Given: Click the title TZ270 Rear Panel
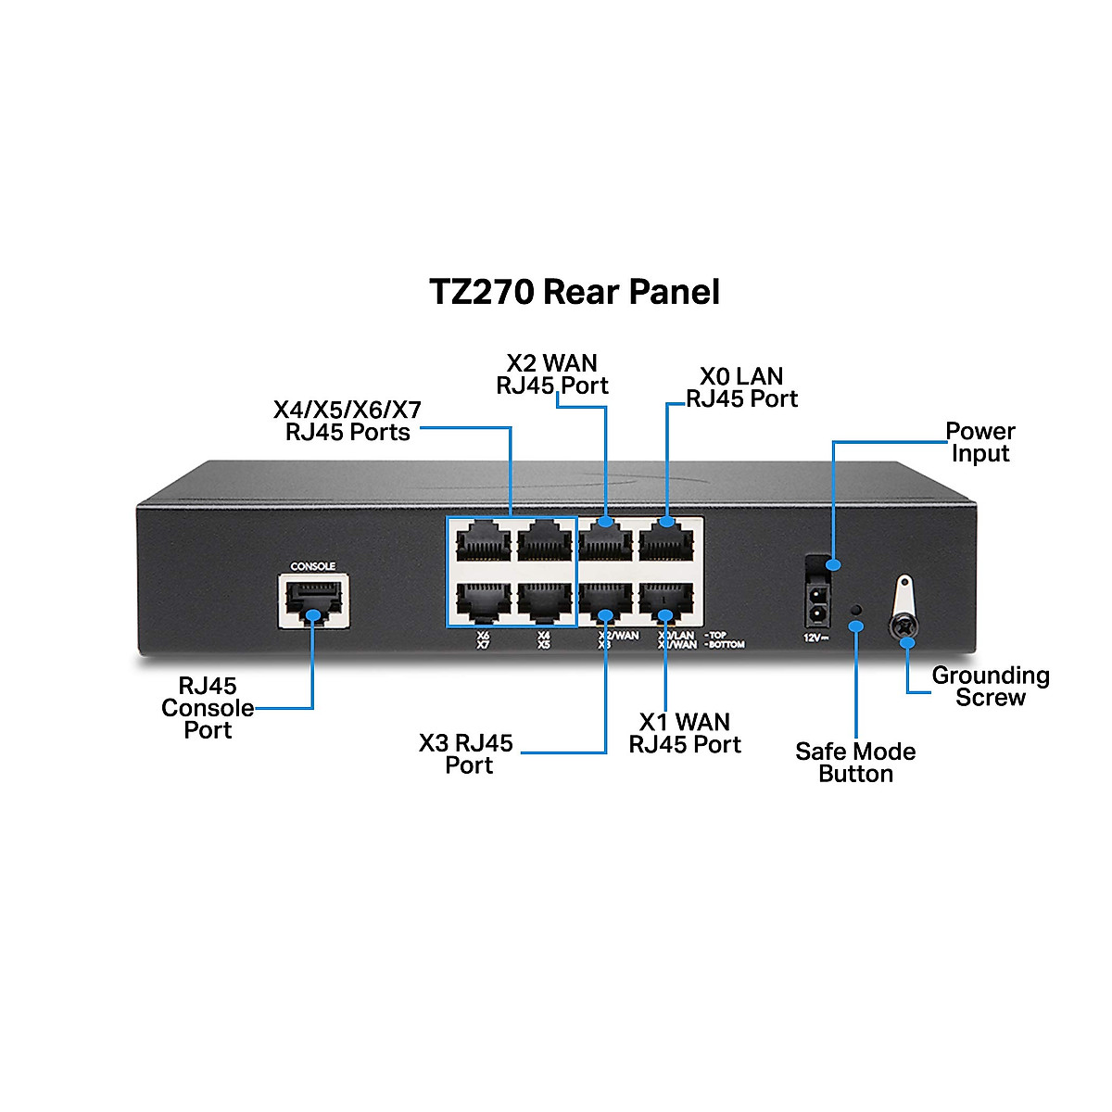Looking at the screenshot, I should coord(575,292).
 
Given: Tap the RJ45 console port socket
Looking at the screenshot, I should coord(313,600).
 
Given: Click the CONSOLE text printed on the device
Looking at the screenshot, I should coord(313,566).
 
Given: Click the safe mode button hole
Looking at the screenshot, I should coord(857,609).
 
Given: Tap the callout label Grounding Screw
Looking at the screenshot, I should coord(991,687).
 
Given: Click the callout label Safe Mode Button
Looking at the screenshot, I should coord(855,763).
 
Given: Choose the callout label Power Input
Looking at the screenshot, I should coord(979,442).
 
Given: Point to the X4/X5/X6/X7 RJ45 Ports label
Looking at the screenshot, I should coord(347,421).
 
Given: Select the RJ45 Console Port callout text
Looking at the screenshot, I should coord(208,708).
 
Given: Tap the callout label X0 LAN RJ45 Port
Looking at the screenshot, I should coord(741,387).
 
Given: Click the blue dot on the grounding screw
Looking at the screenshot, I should coord(908,641).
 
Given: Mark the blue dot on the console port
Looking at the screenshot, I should coord(313,614).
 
